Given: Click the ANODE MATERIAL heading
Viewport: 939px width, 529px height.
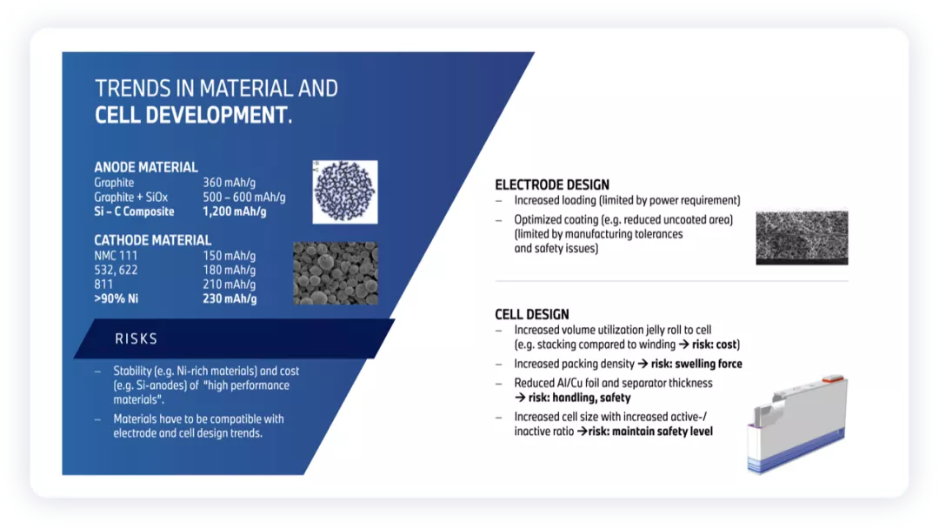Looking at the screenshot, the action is pyautogui.click(x=145, y=167).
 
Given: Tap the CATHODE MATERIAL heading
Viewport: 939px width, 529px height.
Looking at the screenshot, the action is pyautogui.click(x=152, y=240).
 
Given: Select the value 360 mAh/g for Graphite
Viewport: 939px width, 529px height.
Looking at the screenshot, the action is pyautogui.click(x=229, y=183).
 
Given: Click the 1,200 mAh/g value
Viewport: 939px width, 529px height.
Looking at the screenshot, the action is pyautogui.click(x=234, y=211).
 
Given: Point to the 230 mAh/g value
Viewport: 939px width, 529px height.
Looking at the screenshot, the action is pyautogui.click(x=230, y=298).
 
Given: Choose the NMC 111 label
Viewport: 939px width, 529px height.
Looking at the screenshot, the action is pyautogui.click(x=116, y=256).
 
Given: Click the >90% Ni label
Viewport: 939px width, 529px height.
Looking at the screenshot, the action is pyautogui.click(x=117, y=298).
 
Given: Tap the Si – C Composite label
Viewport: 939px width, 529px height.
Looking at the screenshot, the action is pyautogui.click(x=134, y=211).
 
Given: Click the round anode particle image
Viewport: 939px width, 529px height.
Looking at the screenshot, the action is pyautogui.click(x=345, y=191).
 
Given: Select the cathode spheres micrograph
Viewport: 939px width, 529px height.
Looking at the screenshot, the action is pyautogui.click(x=336, y=273).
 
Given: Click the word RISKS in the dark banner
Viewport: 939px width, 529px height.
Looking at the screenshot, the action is pyautogui.click(x=136, y=339).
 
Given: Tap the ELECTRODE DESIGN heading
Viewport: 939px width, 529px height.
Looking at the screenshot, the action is pyautogui.click(x=551, y=185).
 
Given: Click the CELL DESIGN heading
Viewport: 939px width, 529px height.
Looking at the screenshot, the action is pyautogui.click(x=532, y=314).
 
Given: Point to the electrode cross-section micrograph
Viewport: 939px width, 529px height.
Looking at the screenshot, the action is pyautogui.click(x=802, y=238).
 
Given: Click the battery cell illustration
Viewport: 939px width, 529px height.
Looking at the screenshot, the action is pyautogui.click(x=797, y=425).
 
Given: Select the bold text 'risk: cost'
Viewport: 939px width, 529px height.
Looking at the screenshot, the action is pyautogui.click(x=715, y=345).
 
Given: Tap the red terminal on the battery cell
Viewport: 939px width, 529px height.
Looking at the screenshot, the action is pyautogui.click(x=832, y=378).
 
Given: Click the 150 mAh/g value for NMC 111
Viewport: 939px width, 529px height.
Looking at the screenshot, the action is pyautogui.click(x=229, y=256).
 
